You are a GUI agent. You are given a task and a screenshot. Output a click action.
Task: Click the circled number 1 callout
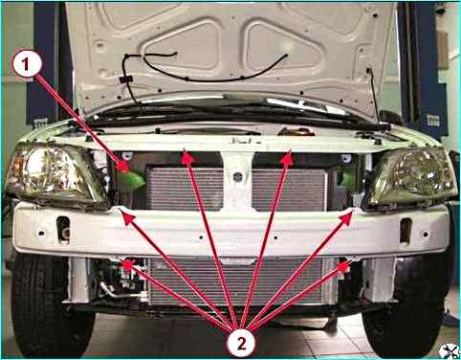(27, 65)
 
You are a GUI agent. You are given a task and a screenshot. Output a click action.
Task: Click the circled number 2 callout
(241, 344)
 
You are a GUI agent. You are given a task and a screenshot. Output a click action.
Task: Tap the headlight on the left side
(57, 175)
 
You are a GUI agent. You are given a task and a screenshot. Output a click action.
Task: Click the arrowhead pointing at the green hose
(123, 167)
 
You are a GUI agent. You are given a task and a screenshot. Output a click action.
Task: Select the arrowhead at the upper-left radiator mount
(187, 158)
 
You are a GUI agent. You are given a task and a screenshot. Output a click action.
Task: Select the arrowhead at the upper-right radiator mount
(287, 159)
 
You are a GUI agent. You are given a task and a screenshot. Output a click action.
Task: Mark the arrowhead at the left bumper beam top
(129, 218)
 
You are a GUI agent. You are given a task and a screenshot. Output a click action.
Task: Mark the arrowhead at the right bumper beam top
(345, 217)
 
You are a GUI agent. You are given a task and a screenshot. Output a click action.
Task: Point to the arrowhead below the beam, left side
(128, 264)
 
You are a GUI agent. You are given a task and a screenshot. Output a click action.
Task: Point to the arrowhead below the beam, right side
(343, 266)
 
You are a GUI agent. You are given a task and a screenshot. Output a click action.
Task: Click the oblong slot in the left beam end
(63, 230)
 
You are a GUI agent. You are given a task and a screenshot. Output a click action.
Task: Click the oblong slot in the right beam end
(406, 232)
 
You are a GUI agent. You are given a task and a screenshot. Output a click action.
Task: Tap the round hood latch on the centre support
(237, 177)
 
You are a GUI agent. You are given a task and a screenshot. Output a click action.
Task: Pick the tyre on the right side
(409, 306)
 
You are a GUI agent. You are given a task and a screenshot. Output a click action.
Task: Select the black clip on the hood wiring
(126, 79)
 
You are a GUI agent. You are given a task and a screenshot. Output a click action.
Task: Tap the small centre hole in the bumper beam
(201, 237)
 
